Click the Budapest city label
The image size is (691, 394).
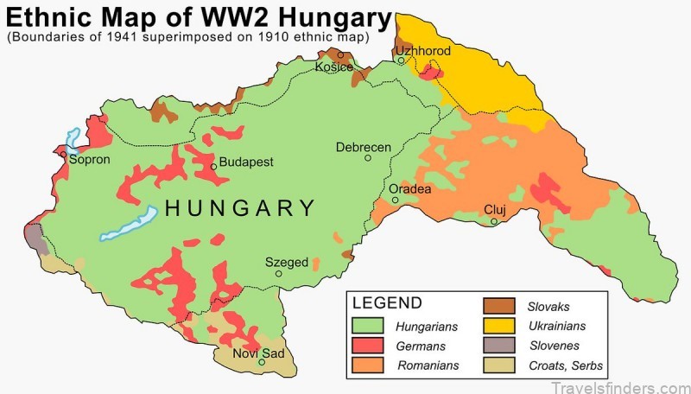(x=246, y=162)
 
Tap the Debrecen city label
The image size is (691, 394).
(x=364, y=147)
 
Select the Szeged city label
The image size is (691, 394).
(x=286, y=262)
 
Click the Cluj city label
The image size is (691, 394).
(x=494, y=210)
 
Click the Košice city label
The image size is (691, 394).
(x=334, y=67)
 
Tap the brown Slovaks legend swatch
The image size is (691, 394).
(x=498, y=307)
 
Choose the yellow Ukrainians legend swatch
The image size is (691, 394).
(x=498, y=326)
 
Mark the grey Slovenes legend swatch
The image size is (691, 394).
(x=498, y=346)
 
